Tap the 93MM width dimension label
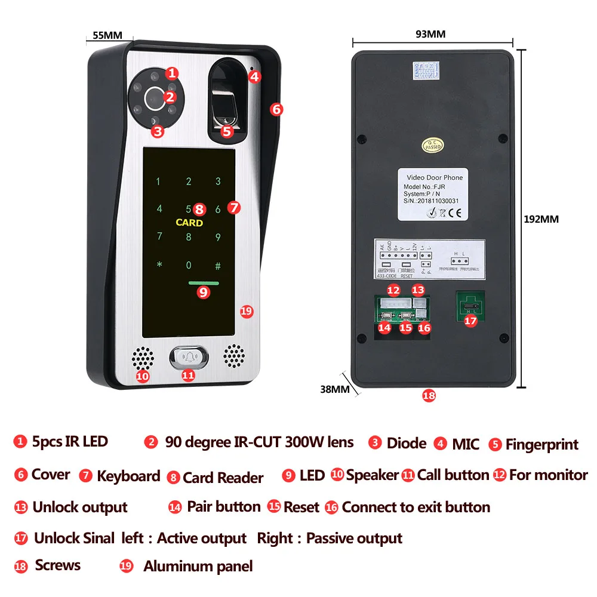(x=430, y=34)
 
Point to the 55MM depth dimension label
(x=107, y=35)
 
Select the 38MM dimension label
(x=334, y=389)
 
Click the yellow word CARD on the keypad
(x=189, y=223)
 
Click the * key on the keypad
(x=159, y=264)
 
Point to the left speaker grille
(x=142, y=358)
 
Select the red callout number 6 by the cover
(x=276, y=110)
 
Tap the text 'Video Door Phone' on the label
(x=434, y=177)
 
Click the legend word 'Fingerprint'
(x=541, y=445)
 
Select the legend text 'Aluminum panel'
(x=198, y=567)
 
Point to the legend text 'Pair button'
(x=223, y=507)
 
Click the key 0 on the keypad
(x=189, y=264)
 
